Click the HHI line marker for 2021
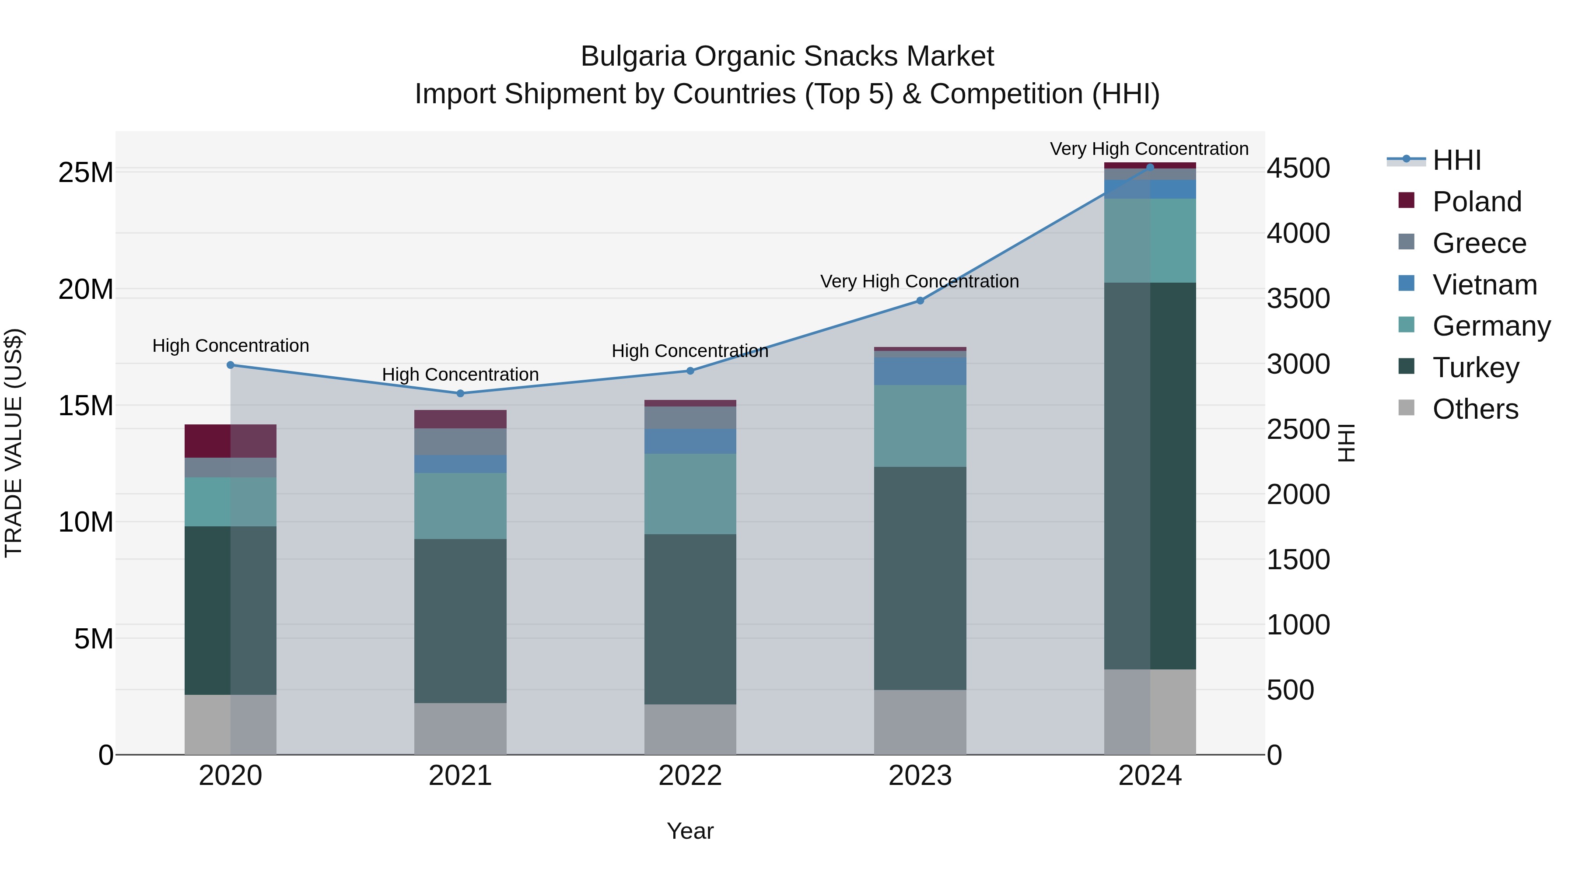point(460,393)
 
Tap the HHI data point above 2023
point(920,300)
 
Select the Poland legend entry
point(1477,202)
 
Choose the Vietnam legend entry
point(1484,285)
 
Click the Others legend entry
point(1475,409)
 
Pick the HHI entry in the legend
point(1456,160)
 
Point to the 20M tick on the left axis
point(86,289)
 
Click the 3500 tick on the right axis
point(1298,298)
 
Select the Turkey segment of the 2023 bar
point(920,578)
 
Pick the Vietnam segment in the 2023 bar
point(920,371)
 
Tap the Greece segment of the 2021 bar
point(460,441)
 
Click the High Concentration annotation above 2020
point(231,346)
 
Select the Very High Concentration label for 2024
point(1149,149)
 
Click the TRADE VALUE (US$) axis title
point(14,443)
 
